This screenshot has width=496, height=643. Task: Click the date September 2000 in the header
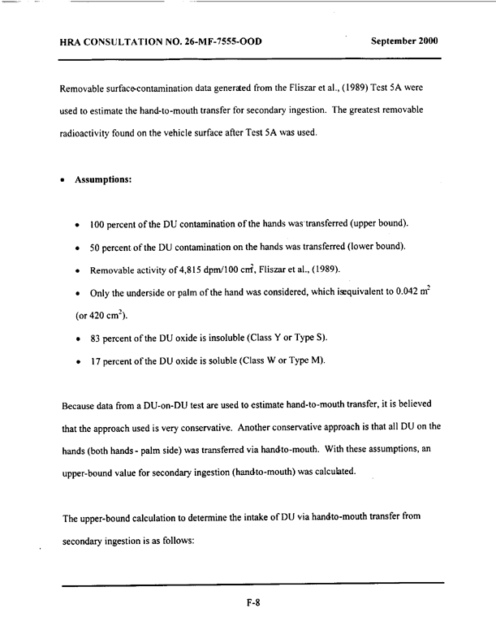(x=403, y=41)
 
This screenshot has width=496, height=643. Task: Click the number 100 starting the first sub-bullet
(x=100, y=223)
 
